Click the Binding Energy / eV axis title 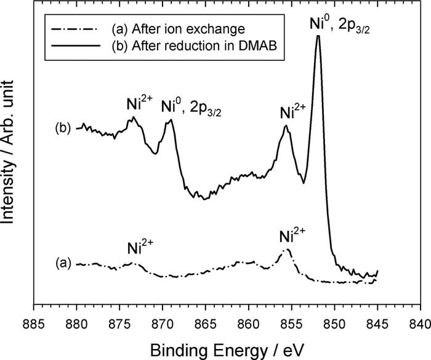tap(226, 347)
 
